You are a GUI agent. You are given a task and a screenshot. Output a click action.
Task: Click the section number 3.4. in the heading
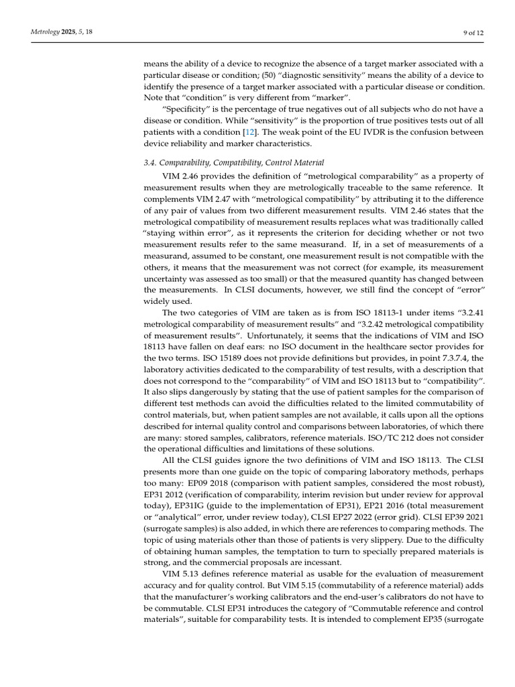152,162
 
